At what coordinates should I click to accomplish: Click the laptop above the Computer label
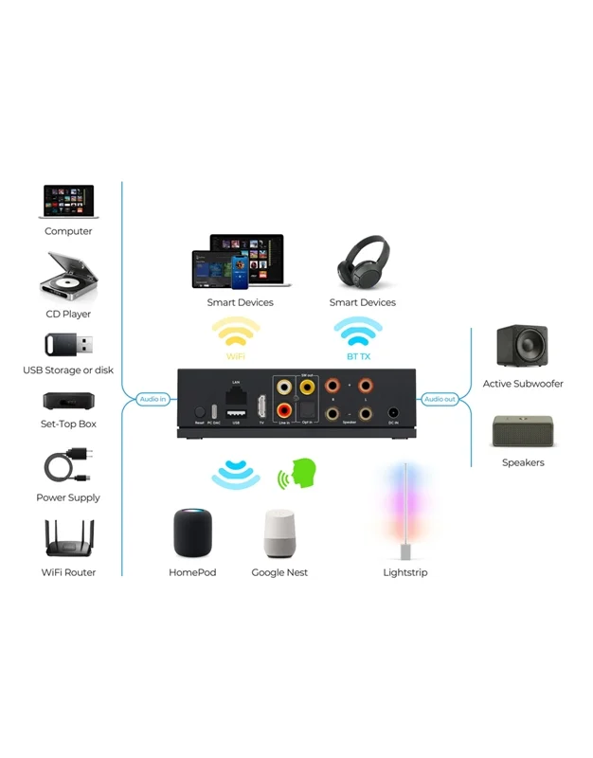pos(67,203)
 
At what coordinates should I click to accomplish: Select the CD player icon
pos(67,278)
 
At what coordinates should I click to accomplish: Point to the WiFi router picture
pos(67,540)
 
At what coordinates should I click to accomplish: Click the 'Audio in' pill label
pos(153,399)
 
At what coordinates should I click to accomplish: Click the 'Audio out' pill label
pos(440,399)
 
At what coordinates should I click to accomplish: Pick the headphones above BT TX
pos(362,262)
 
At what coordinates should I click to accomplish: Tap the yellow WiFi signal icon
pos(235,334)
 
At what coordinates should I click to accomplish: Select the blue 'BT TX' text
pos(358,357)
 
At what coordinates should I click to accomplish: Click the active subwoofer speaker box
pos(522,346)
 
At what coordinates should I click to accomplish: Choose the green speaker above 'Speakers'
pos(522,430)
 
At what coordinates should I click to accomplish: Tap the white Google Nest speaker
pos(279,534)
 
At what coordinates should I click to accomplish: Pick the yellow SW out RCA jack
pos(306,387)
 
